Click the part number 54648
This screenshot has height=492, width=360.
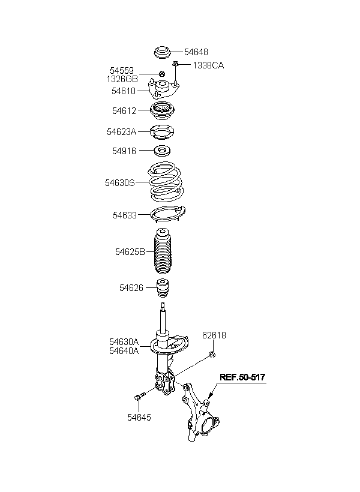coord(196,52)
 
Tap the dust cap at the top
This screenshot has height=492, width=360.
coord(163,52)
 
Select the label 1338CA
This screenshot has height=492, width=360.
coord(208,65)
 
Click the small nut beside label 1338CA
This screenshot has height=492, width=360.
coord(175,64)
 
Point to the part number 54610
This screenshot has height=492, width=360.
coord(124,91)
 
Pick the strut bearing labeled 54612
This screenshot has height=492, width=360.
coord(163,111)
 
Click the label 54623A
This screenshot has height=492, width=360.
coord(121,132)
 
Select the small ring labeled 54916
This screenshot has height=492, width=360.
coord(163,151)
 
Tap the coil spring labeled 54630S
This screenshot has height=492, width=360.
coord(166,182)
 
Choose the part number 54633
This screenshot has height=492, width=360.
coord(125,215)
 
